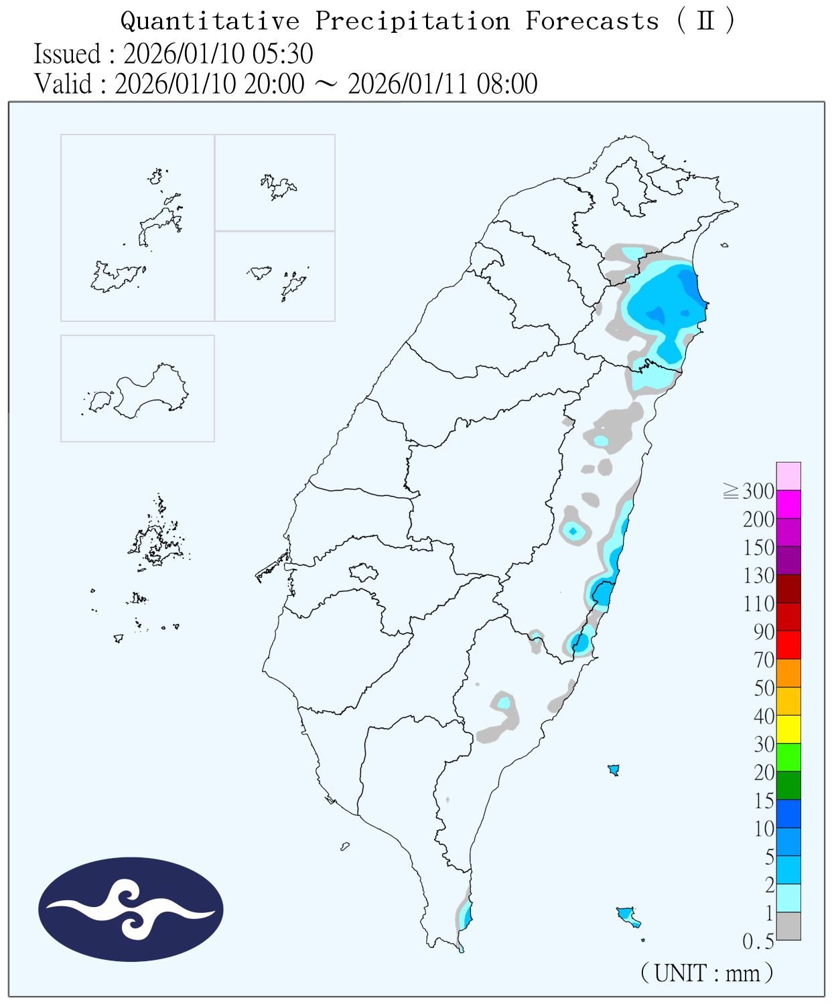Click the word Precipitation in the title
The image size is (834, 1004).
[x=413, y=21]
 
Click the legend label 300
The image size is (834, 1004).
[x=758, y=491]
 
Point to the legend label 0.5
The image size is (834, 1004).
[x=758, y=942]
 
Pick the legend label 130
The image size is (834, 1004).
[x=758, y=576]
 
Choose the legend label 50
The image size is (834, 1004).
[x=764, y=688]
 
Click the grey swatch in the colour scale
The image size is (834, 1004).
[x=788, y=926]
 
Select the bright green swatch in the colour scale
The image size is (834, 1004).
[x=788, y=757]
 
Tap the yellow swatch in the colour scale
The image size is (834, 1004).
[x=788, y=729]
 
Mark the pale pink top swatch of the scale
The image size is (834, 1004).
[x=788, y=476]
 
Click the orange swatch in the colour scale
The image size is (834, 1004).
[x=788, y=673]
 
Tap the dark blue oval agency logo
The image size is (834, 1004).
[x=131, y=909]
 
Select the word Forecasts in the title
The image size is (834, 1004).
[x=592, y=21]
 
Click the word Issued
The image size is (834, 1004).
[x=67, y=54]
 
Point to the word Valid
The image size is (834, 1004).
[x=64, y=84]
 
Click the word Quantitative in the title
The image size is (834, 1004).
[x=210, y=21]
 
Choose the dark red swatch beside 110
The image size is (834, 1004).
[x=788, y=588]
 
